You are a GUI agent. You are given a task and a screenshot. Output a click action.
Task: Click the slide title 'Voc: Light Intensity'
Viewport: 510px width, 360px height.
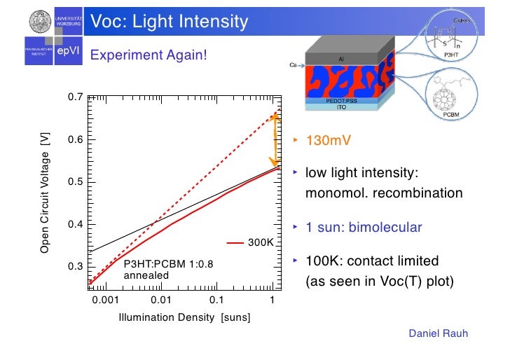point(170,22)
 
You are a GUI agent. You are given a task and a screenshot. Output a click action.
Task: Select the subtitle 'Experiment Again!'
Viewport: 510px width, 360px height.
point(149,54)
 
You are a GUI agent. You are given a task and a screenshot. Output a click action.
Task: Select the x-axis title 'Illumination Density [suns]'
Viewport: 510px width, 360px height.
point(185,317)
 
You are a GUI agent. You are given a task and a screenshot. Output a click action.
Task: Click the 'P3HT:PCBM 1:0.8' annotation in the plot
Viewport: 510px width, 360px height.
point(158,265)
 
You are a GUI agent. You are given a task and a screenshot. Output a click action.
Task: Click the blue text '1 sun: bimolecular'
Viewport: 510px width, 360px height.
point(364,228)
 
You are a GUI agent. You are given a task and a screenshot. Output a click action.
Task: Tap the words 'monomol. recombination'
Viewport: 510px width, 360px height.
point(384,193)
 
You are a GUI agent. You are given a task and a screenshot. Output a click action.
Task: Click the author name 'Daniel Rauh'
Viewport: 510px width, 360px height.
point(438,334)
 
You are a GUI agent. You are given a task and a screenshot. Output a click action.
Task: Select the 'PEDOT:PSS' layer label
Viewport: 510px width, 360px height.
point(342,101)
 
